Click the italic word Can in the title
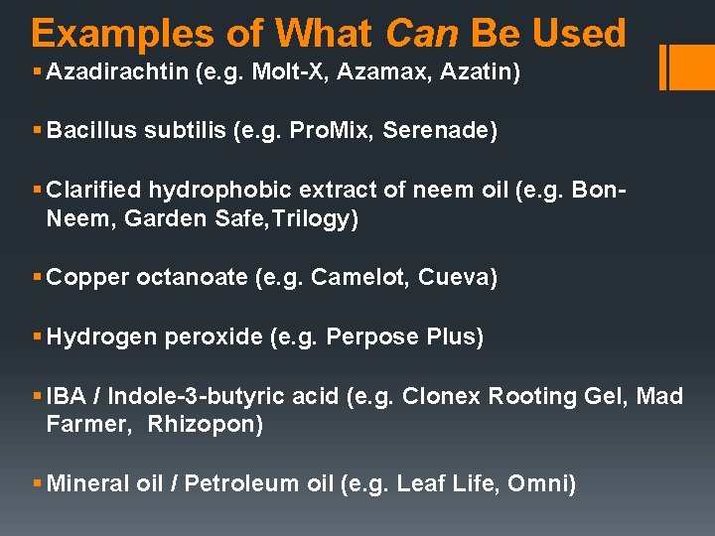coord(421,33)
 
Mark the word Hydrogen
coord(101,336)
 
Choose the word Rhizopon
coord(205,425)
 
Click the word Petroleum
coord(234,483)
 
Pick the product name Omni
coord(541,483)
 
